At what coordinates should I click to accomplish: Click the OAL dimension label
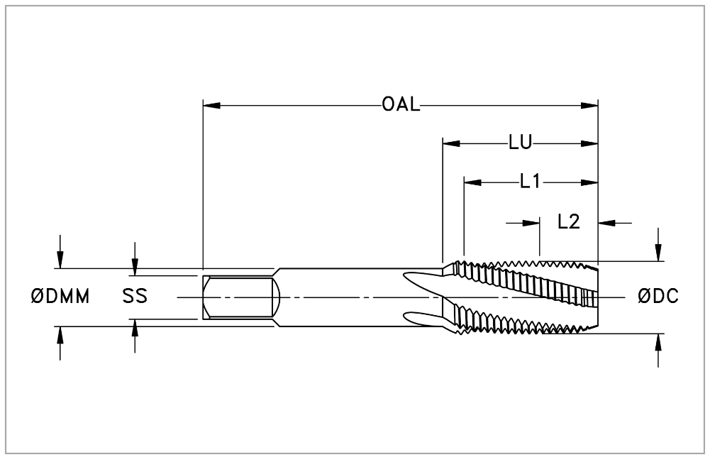coord(401,105)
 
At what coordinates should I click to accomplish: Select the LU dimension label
coord(520,143)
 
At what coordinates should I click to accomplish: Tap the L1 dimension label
coord(530,182)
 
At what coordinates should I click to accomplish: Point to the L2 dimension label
coord(569,222)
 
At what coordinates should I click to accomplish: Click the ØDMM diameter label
coord(60,297)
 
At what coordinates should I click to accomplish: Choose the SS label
coord(135,297)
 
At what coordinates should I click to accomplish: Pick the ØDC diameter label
coord(658,297)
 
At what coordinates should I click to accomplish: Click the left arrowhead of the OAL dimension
coord(211,106)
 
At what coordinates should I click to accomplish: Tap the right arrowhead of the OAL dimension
coord(589,106)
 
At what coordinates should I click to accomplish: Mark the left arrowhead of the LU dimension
coord(451,143)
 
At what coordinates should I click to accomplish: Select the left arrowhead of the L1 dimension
coord(472,182)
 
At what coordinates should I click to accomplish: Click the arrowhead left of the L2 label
coord(531,223)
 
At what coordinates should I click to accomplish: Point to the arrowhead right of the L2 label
coord(606,223)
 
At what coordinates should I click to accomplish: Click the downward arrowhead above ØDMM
coord(60,260)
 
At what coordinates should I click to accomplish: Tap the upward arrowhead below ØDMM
coord(60,334)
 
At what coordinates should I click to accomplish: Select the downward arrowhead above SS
coord(135,267)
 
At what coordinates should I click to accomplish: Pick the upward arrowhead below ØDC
coord(658,342)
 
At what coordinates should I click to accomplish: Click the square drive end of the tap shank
coord(238,297)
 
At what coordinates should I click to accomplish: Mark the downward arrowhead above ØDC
coord(658,253)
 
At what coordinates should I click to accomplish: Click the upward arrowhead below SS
coord(135,327)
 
